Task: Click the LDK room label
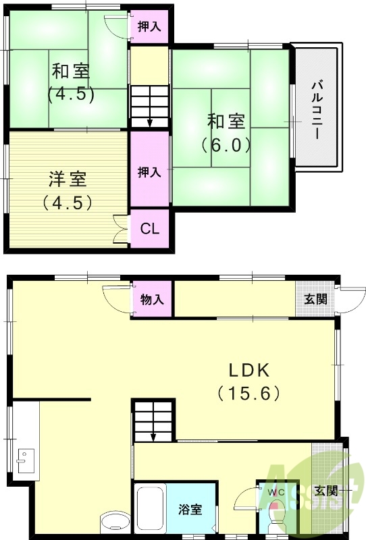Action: [249, 370]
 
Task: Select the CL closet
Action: [149, 228]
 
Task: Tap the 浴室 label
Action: [190, 510]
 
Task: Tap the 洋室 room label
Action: [67, 180]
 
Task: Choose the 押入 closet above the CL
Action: [149, 171]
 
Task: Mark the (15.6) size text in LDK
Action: [249, 392]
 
